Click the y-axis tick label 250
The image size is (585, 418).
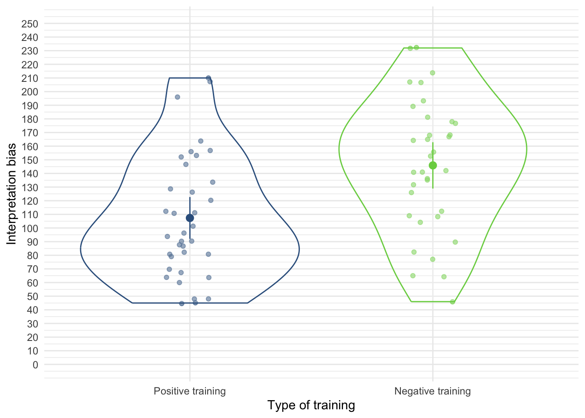pos(30,24)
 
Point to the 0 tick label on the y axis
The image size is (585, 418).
pos(35,365)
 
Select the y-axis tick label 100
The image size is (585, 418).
pos(30,229)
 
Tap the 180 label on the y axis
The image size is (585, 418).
pos(30,119)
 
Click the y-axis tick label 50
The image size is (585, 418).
pos(32,297)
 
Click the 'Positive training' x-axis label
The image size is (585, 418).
pos(190,391)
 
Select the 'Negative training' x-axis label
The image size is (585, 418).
pos(432,391)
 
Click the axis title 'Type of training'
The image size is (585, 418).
pos(311,405)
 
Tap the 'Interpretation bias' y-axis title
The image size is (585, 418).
pos(12,194)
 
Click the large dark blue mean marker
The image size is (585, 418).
pos(190,218)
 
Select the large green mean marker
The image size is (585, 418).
pos(433,165)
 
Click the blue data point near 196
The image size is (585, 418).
pos(178,97)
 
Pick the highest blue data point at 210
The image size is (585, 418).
pos(208,78)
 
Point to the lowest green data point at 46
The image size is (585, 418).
pos(452,302)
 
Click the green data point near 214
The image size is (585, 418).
pos(433,73)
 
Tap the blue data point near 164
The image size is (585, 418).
pos(201,141)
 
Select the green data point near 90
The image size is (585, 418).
pos(455,242)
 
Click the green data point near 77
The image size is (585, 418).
pos(433,260)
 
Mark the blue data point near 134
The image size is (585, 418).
pos(213,182)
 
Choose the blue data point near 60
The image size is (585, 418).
pos(179,283)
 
